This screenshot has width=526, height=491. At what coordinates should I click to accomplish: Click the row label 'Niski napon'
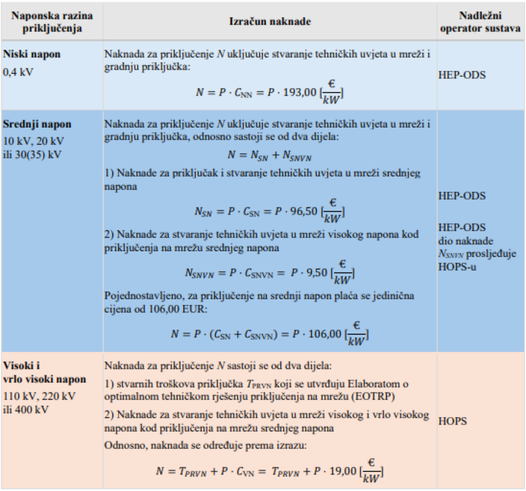point(32,54)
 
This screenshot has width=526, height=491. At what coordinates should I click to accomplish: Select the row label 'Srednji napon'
point(37,124)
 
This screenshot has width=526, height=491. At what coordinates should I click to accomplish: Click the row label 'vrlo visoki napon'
point(45,379)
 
